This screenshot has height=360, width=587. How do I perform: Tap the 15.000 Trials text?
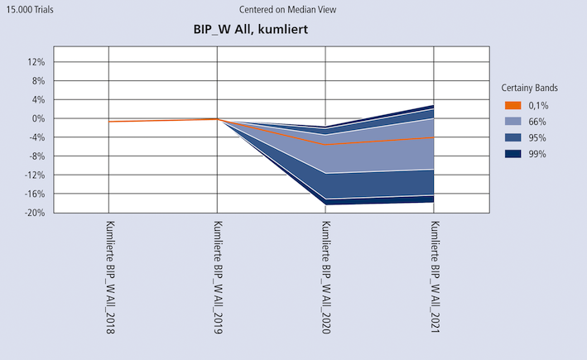pyautogui.click(x=30, y=10)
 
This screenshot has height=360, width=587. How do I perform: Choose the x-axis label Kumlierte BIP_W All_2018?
pyautogui.click(x=110, y=278)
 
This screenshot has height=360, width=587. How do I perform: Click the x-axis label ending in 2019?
pyautogui.click(x=218, y=278)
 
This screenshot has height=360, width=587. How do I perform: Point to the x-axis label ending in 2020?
pyautogui.click(x=325, y=278)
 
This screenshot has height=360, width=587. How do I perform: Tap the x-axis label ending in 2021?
pyautogui.click(x=434, y=278)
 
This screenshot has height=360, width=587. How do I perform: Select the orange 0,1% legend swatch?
pyautogui.click(x=512, y=105)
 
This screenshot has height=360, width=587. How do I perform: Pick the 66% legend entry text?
pyautogui.click(x=537, y=122)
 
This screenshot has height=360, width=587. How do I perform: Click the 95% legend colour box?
pyautogui.click(x=512, y=137)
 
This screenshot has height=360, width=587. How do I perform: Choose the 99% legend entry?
pyautogui.click(x=537, y=154)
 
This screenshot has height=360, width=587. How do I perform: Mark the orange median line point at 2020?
pyautogui.click(x=325, y=145)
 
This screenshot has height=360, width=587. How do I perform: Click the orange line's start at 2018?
pyautogui.click(x=110, y=122)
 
